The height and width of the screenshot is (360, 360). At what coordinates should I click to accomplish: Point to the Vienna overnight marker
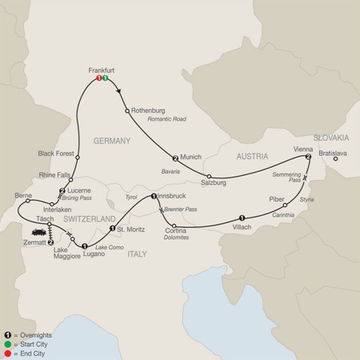(307, 157)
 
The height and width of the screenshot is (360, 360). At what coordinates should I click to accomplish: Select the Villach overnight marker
(242, 217)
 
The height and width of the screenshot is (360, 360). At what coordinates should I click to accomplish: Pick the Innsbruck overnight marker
(154, 195)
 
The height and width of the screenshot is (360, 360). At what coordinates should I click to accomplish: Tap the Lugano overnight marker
(85, 246)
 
